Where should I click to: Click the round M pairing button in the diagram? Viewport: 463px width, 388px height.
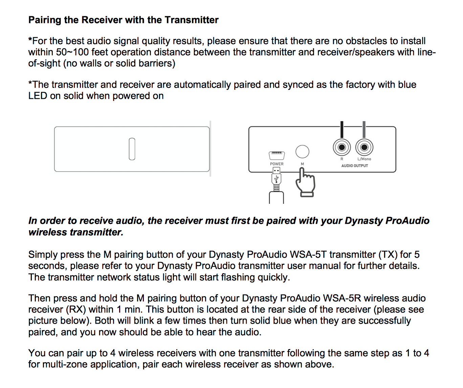pyautogui.click(x=302, y=151)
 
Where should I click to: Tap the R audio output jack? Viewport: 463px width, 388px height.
pyautogui.click(x=341, y=147)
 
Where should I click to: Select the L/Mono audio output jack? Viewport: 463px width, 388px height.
pyautogui.click(x=364, y=147)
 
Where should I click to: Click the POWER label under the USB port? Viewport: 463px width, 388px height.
pyautogui.click(x=277, y=164)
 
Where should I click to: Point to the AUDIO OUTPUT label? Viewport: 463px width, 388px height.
pyautogui.click(x=354, y=166)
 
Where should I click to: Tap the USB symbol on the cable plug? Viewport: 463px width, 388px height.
pyautogui.click(x=277, y=178)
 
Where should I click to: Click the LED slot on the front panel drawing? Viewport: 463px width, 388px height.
pyautogui.click(x=132, y=149)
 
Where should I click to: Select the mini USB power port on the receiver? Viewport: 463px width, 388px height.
pyautogui.click(x=277, y=155)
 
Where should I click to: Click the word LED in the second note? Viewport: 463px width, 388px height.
pyautogui.click(x=38, y=96)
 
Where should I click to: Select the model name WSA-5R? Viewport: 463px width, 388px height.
pyautogui.click(x=342, y=298)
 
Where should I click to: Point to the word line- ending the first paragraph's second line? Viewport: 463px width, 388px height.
pyautogui.click(x=426, y=52)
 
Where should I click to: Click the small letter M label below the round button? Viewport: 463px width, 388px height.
pyautogui.click(x=302, y=164)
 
